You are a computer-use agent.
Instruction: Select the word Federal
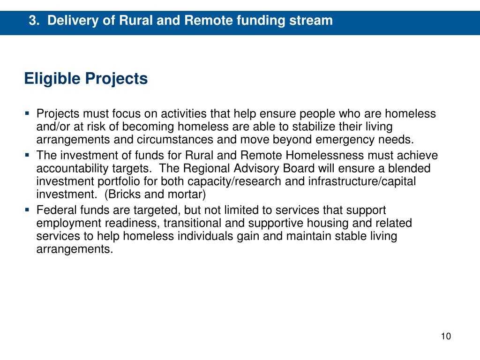[x=53, y=210]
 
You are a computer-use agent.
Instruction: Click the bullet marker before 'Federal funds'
[x=27, y=209]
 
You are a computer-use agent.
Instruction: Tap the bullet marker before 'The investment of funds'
[x=27, y=154]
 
